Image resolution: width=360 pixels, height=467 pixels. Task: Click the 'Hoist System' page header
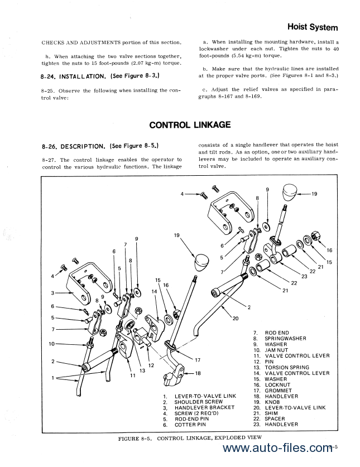313,26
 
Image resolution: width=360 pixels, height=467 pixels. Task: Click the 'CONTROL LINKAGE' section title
190,125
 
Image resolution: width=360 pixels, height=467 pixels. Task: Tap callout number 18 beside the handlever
198,373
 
